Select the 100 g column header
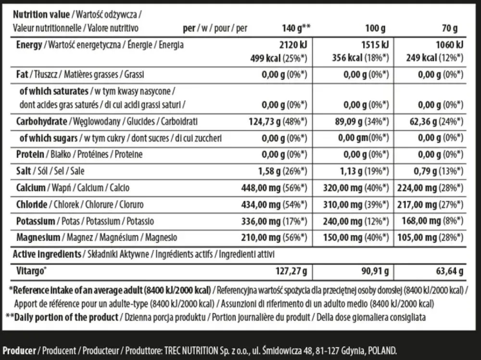[x=376, y=28]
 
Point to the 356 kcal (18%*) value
[x=358, y=59]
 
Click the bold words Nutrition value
[x=41, y=14]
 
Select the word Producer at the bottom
[x=20, y=350]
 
